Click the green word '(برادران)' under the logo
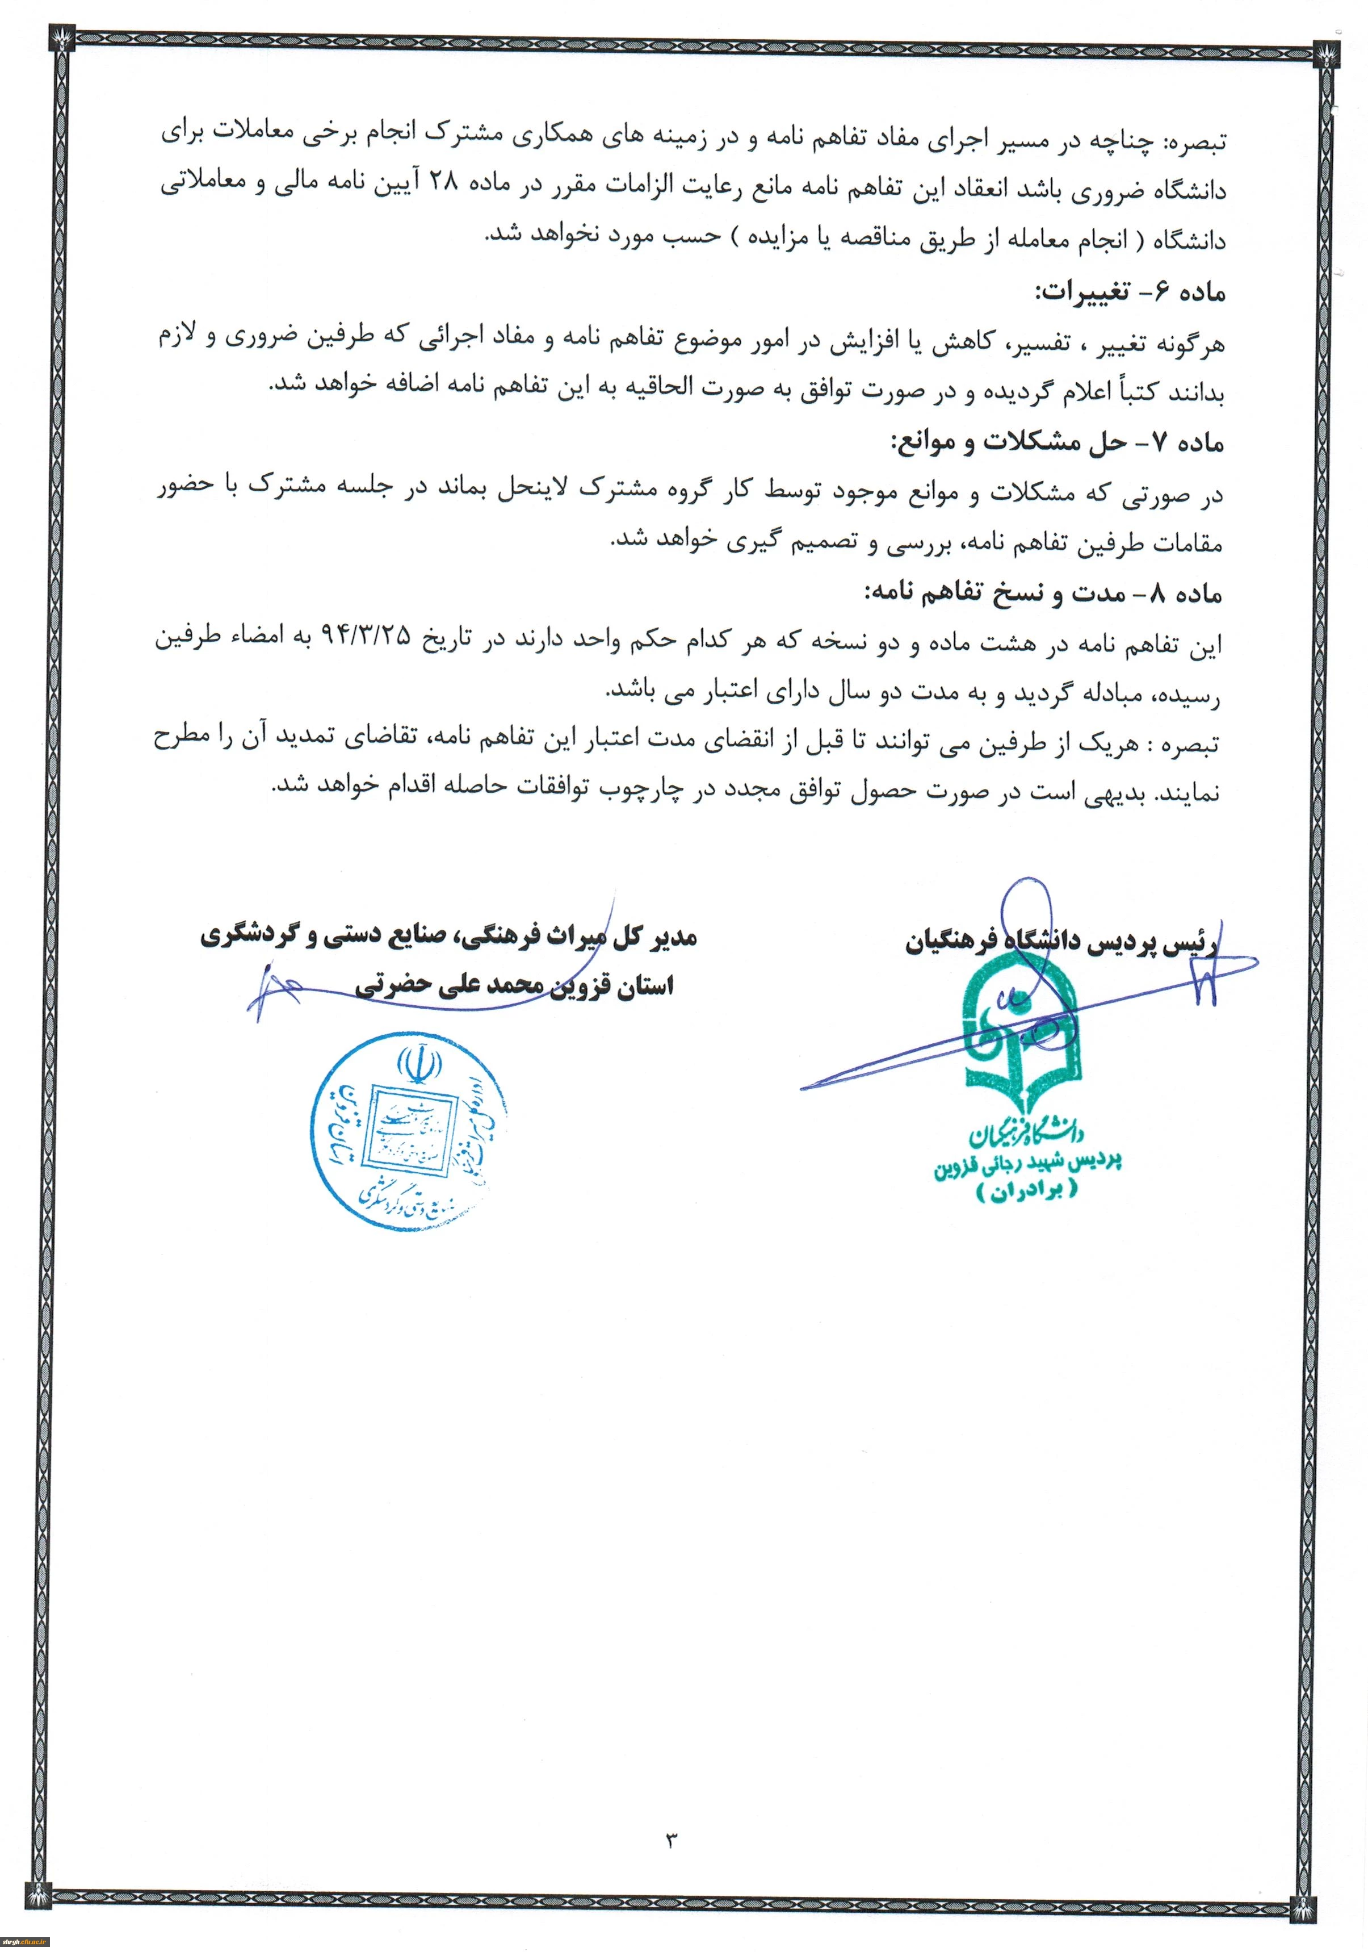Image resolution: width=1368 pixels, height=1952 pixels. [1027, 1193]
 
